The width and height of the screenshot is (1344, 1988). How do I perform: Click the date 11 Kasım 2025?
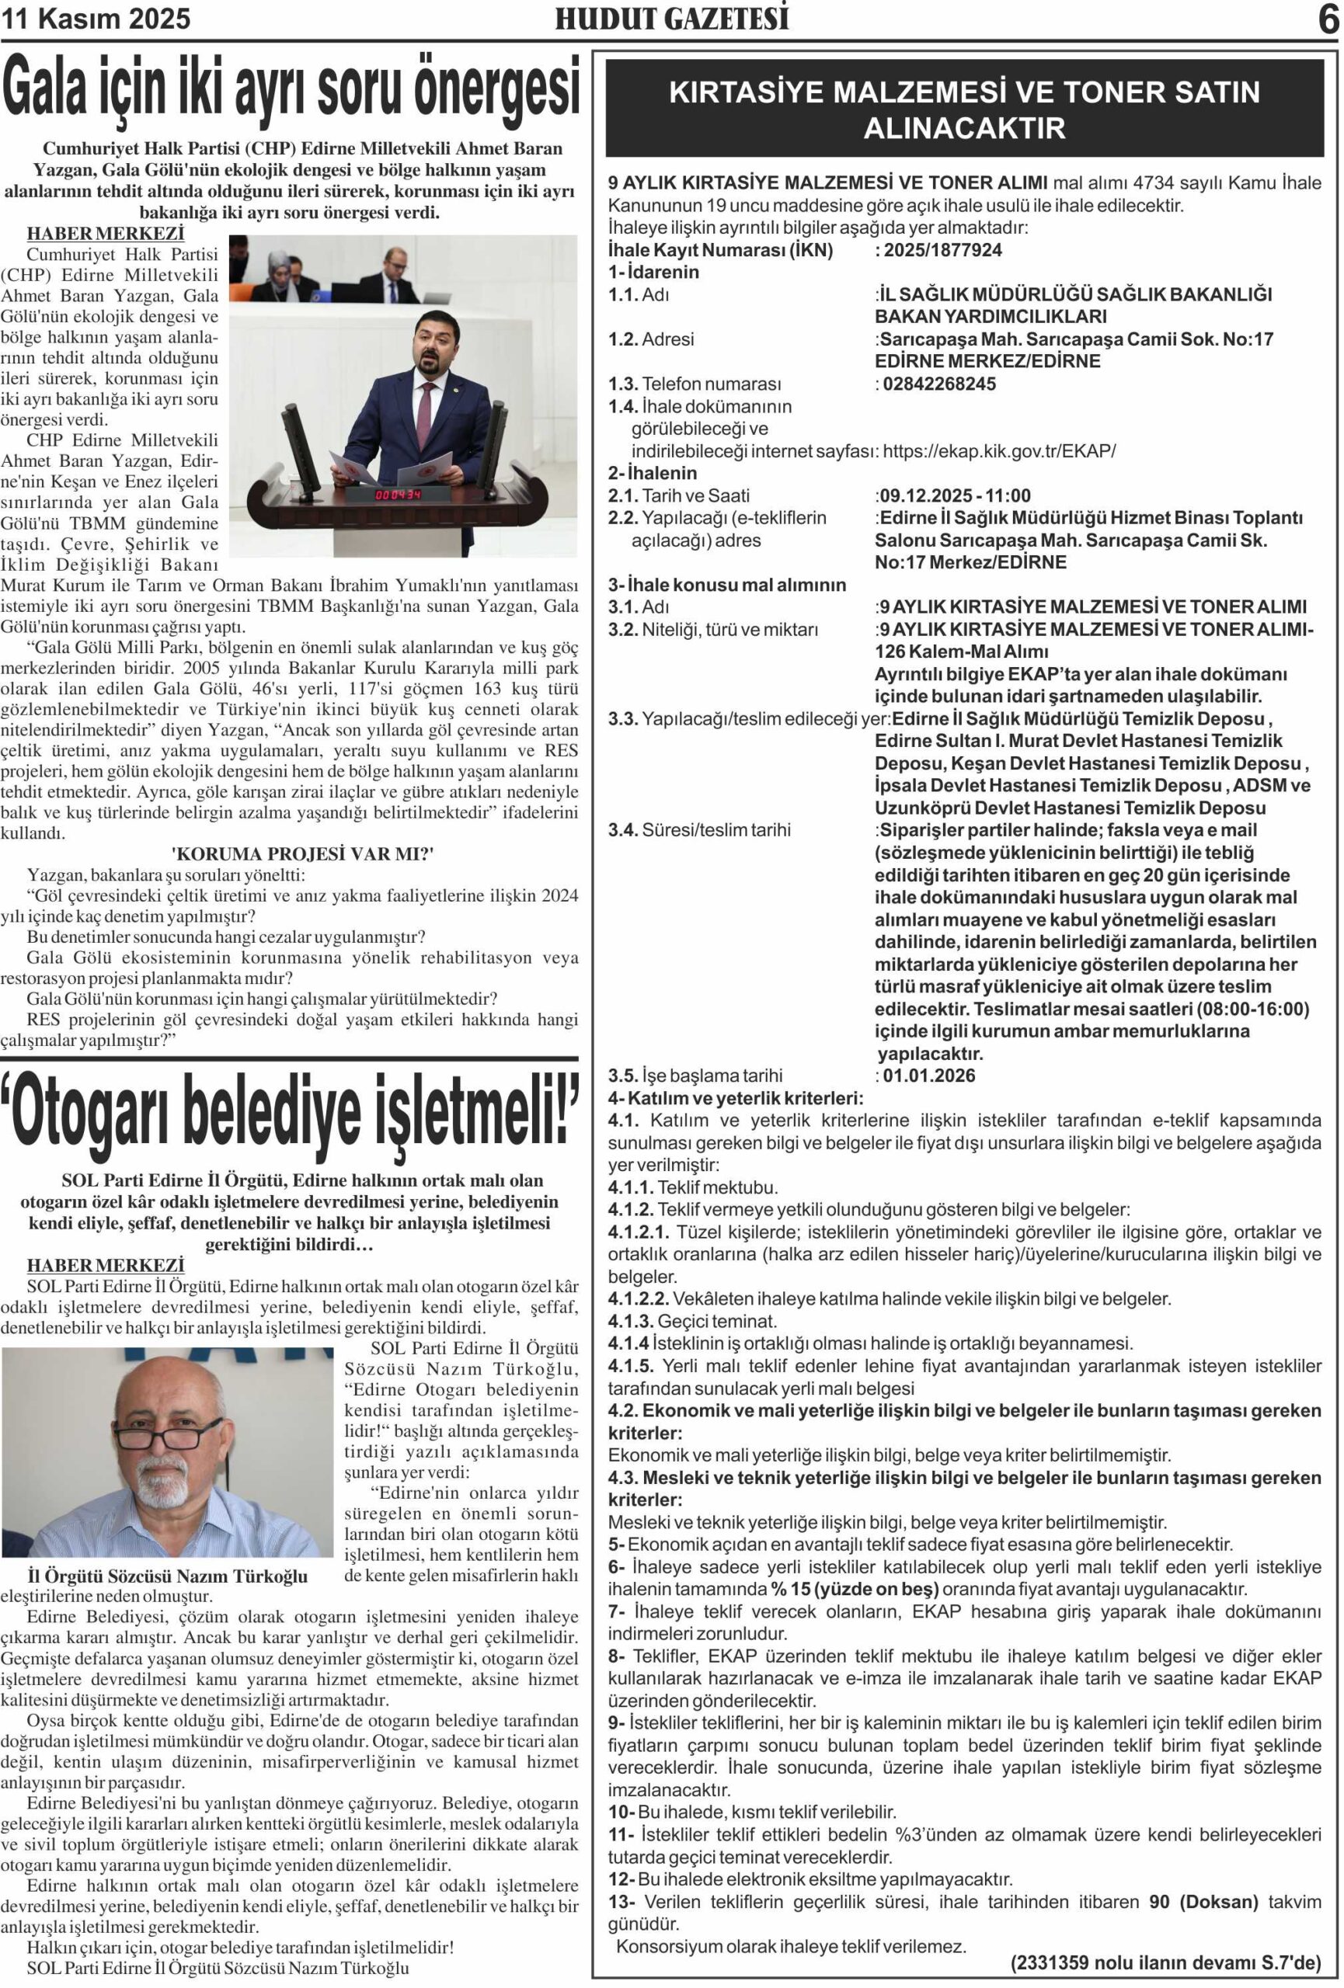(96, 19)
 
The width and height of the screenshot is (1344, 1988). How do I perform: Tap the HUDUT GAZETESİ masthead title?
(671, 19)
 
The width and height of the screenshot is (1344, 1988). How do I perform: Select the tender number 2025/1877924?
(942, 250)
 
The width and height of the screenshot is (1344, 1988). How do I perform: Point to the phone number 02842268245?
(938, 383)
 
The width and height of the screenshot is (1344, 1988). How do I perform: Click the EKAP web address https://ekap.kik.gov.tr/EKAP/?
(998, 451)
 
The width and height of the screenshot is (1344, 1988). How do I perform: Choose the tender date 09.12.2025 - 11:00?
(955, 495)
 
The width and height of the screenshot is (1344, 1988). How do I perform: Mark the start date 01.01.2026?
(928, 1076)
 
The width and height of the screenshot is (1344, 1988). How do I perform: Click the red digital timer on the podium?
(399, 495)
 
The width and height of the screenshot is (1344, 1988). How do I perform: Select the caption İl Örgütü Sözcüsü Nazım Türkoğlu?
(168, 1576)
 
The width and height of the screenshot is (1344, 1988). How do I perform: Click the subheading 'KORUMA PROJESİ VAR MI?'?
(303, 853)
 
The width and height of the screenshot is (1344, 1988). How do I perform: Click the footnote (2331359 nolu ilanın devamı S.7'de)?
(1165, 1962)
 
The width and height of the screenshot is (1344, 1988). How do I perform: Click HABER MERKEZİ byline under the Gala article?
(105, 234)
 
